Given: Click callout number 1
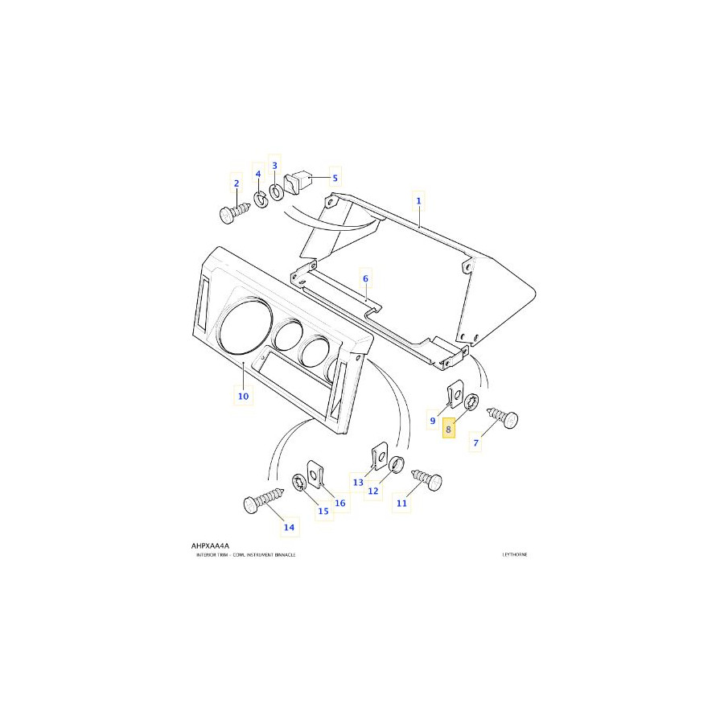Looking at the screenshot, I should (x=418, y=199).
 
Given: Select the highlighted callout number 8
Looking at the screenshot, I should (x=449, y=430).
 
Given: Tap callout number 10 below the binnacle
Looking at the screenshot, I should (x=243, y=396).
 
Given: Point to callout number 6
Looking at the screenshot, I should (x=365, y=278).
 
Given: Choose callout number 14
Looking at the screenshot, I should (x=289, y=528).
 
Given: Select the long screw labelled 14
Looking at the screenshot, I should (x=264, y=503).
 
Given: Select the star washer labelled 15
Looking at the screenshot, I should (x=298, y=483).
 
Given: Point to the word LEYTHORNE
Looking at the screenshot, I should (x=514, y=555).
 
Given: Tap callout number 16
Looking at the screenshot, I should (x=340, y=504).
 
